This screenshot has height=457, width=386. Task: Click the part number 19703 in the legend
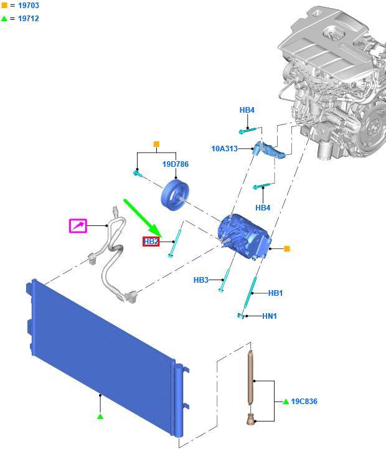pyautogui.click(x=29, y=5)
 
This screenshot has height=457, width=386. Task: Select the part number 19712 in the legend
pyautogui.click(x=29, y=18)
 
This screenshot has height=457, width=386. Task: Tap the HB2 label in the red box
pyautogui.click(x=151, y=242)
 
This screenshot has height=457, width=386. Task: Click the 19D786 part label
pyautogui.click(x=175, y=164)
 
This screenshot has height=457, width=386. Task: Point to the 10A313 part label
pyautogui.click(x=225, y=149)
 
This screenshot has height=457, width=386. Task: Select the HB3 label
pyautogui.click(x=201, y=280)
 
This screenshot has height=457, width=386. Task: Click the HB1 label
pyautogui.click(x=275, y=293)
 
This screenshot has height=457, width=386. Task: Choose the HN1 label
pyautogui.click(x=270, y=316)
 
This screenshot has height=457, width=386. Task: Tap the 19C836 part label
pyautogui.click(x=304, y=402)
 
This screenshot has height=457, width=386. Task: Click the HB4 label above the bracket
pyautogui.click(x=247, y=110)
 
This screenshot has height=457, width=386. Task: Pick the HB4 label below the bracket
pyautogui.click(x=263, y=208)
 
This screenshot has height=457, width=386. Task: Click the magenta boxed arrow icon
pyautogui.click(x=78, y=226)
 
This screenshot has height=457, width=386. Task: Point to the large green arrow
pyautogui.click(x=143, y=218)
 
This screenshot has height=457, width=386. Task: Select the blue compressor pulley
pyautogui.click(x=175, y=195)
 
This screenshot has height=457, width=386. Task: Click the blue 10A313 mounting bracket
pyautogui.click(x=269, y=151)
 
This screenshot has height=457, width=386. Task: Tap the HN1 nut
pyautogui.click(x=240, y=316)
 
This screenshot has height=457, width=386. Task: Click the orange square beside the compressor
pyautogui.click(x=287, y=248)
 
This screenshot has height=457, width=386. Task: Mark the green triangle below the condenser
pyautogui.click(x=100, y=417)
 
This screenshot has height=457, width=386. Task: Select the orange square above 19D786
pyautogui.click(x=156, y=144)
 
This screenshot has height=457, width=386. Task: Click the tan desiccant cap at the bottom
pyautogui.click(x=250, y=419)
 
